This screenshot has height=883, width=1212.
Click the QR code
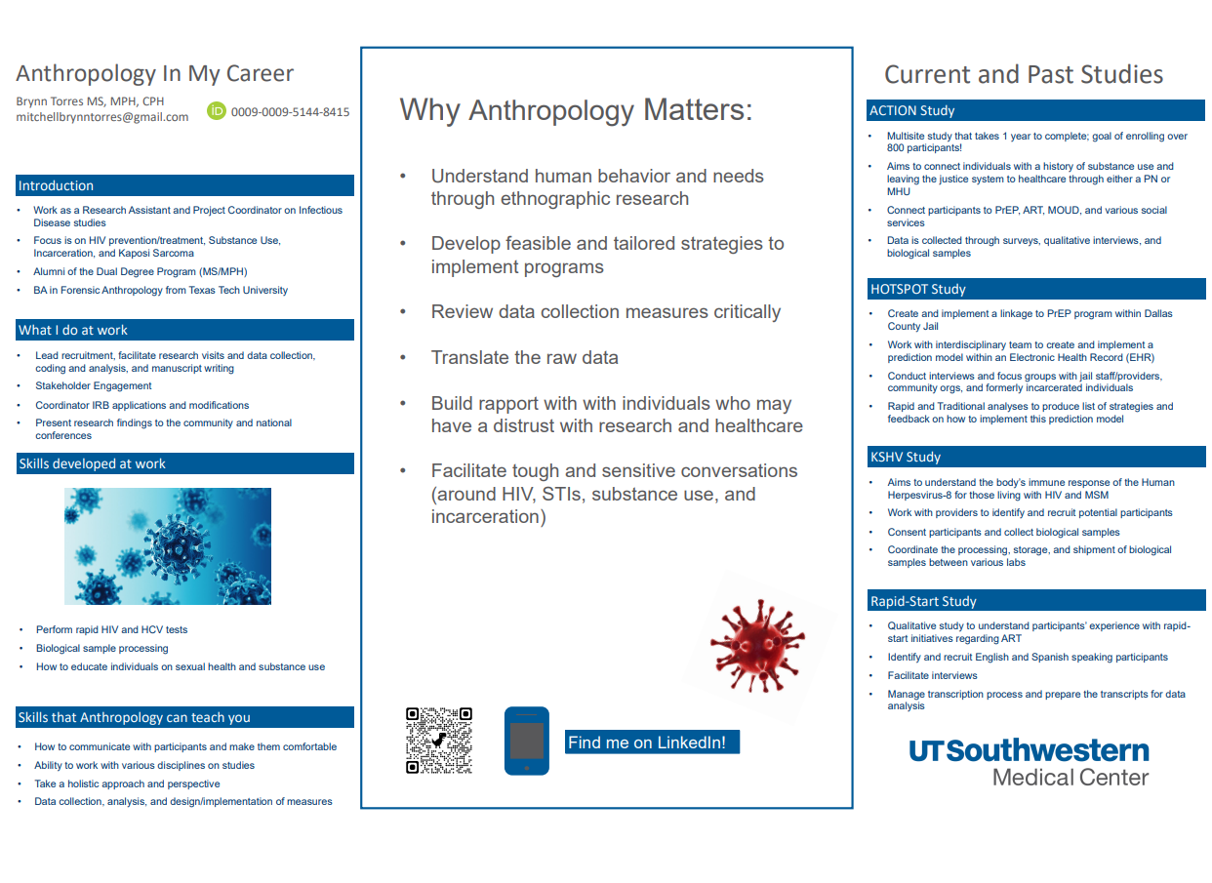coord(439,741)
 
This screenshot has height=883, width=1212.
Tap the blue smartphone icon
coord(526,742)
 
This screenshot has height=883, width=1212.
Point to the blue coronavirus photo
coord(168,546)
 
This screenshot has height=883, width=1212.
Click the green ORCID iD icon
coord(217,111)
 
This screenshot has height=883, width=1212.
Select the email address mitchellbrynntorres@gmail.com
coord(102,117)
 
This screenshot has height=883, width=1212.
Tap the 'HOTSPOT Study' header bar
coord(1035,289)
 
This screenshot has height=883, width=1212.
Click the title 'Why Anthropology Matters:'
coord(576,109)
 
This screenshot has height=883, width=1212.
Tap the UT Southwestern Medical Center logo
coord(1029,762)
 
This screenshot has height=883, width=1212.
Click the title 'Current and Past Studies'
coord(1024,74)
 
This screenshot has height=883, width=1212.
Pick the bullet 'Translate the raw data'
coord(525,357)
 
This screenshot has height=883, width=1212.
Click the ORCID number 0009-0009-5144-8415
coord(290,112)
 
